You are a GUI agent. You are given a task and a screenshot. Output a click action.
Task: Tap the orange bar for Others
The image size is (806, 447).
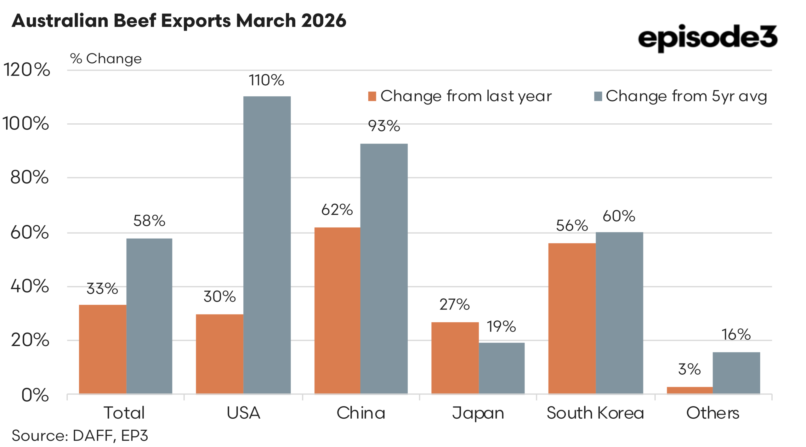[x=690, y=390]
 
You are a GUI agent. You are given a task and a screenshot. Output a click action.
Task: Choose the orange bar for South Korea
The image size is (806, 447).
[x=572, y=318]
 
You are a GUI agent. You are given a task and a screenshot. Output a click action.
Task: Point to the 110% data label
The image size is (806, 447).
[x=266, y=80]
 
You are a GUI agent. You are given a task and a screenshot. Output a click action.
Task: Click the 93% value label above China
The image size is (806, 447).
[x=384, y=126]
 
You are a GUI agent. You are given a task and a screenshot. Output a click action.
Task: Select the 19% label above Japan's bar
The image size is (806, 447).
[x=501, y=326]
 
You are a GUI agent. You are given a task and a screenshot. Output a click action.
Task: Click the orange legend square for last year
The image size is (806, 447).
[x=372, y=96]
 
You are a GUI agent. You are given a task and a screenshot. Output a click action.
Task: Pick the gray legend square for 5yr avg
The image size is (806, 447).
[x=598, y=96]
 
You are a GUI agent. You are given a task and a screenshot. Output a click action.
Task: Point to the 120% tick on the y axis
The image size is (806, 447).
[x=27, y=70]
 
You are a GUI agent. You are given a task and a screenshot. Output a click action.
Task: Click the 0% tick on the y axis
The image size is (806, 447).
[x=35, y=395]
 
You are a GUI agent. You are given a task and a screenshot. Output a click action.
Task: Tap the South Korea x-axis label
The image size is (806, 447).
[x=595, y=413]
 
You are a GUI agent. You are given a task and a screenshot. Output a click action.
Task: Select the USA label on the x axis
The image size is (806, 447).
[x=243, y=413]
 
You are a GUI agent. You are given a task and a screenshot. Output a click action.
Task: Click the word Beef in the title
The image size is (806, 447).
[x=135, y=21]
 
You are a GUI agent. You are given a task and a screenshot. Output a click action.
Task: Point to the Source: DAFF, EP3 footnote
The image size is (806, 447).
[x=80, y=436]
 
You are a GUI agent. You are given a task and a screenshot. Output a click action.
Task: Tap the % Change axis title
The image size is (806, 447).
[x=106, y=59]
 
